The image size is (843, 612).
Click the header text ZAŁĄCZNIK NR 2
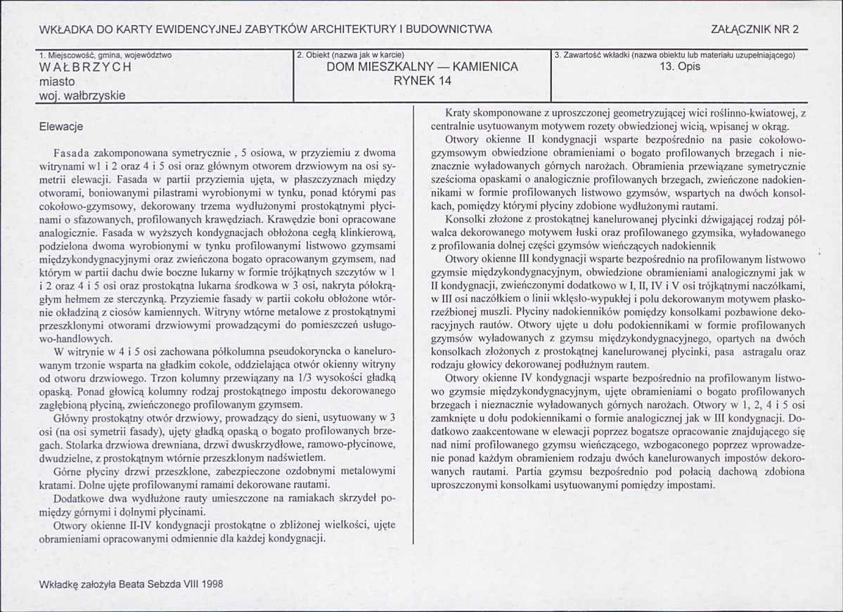click(x=755, y=30)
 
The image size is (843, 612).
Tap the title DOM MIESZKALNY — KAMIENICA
click(x=422, y=67)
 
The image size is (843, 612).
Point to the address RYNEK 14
click(x=422, y=81)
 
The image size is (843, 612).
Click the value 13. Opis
click(x=681, y=67)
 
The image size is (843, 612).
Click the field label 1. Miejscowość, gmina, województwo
click(x=105, y=55)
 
